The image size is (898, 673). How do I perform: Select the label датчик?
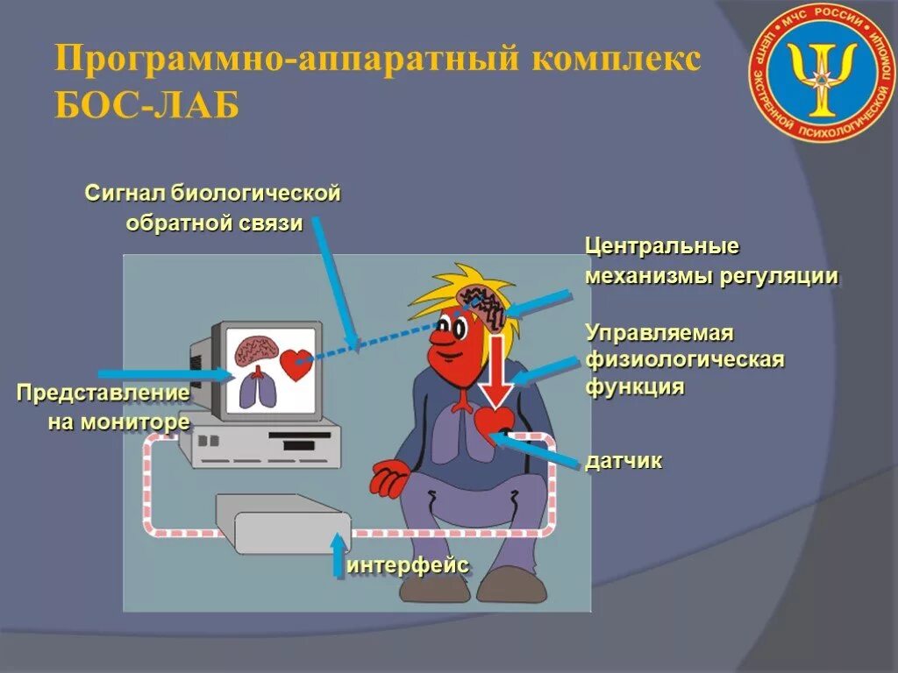(x=624, y=461)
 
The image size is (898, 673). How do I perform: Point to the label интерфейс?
(x=409, y=565)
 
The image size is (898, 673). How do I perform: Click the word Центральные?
(x=662, y=244)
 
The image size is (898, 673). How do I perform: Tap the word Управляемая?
(x=659, y=333)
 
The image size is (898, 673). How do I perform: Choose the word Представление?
(x=103, y=392)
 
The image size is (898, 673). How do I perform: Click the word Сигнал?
(x=124, y=193)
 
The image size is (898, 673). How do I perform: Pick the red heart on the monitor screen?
(x=296, y=364)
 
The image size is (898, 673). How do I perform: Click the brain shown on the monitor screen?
(x=255, y=349)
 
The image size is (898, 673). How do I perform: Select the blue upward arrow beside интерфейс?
(x=339, y=555)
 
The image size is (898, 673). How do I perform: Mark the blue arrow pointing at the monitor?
(x=162, y=374)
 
